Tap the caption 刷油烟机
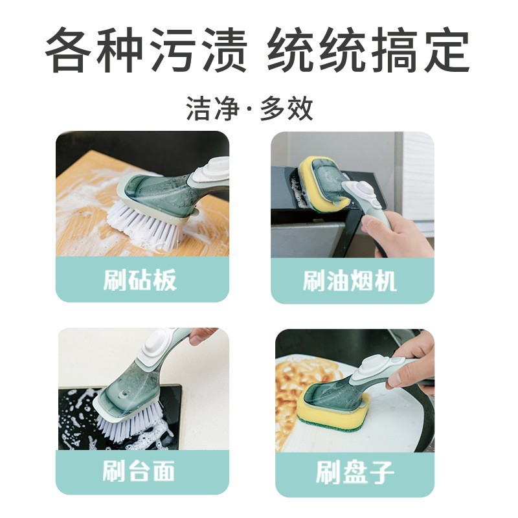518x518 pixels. pos(350,281)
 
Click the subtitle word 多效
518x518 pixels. pos(287,109)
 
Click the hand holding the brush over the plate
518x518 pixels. pos(414,363)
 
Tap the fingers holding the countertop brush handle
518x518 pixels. pos(201,335)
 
